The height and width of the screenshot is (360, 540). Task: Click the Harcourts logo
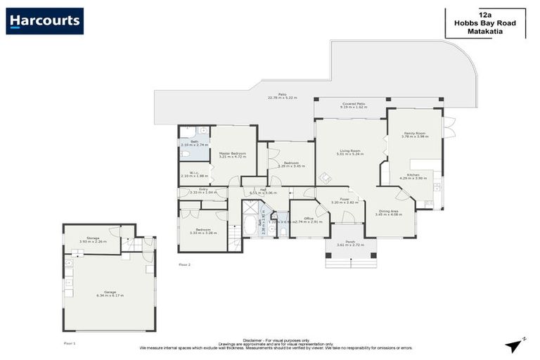(x=44, y=21)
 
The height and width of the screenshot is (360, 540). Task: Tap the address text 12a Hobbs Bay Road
(x=484, y=22)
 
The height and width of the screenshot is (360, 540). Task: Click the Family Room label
(x=414, y=134)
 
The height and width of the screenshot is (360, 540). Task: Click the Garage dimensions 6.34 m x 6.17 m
(x=109, y=295)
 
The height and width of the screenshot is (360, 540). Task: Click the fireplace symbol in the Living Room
(x=326, y=178)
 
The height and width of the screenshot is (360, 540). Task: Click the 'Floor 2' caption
(x=185, y=264)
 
